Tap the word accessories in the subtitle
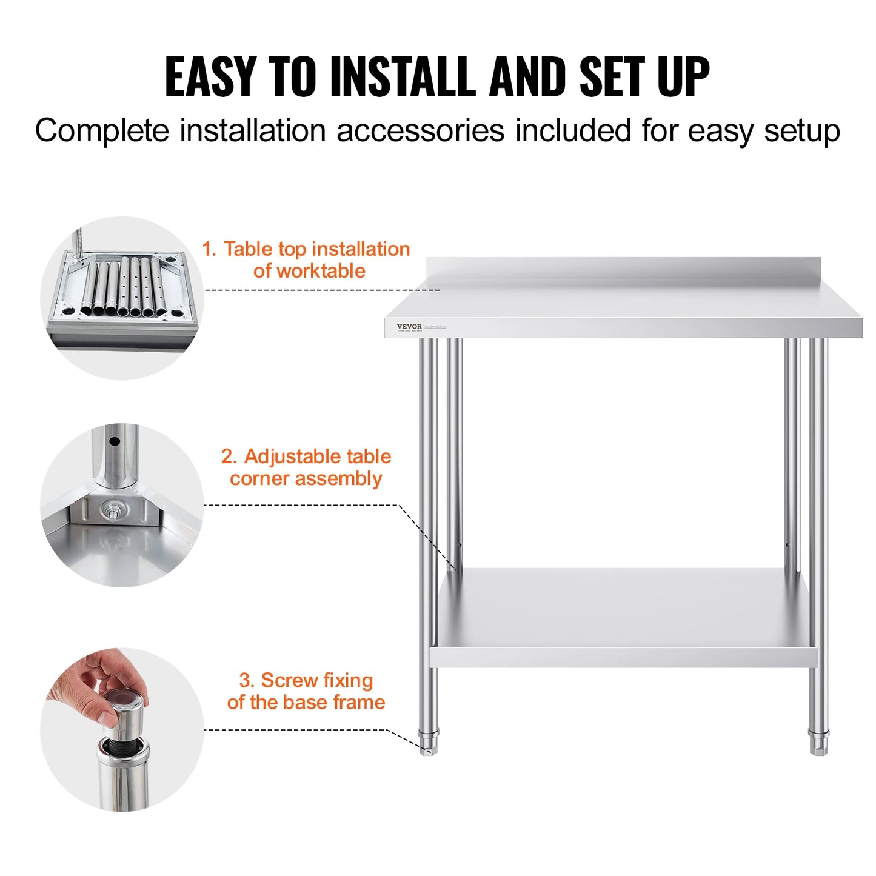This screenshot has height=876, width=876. click(x=420, y=130)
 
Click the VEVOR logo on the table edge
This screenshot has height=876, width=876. click(x=409, y=327)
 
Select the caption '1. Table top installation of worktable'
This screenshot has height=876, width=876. click(x=307, y=259)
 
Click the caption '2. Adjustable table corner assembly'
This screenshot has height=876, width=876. click(x=306, y=467)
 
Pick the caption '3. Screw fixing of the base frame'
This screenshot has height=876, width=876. click(x=306, y=691)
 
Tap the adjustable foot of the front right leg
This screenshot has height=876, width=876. click(x=818, y=742)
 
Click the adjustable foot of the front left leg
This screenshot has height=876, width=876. click(x=428, y=742)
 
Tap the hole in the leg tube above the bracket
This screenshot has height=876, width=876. click(x=113, y=441)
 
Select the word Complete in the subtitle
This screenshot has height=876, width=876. click(x=102, y=130)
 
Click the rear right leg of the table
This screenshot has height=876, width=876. click(x=792, y=449)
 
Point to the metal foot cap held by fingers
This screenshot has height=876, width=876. click(x=124, y=715)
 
